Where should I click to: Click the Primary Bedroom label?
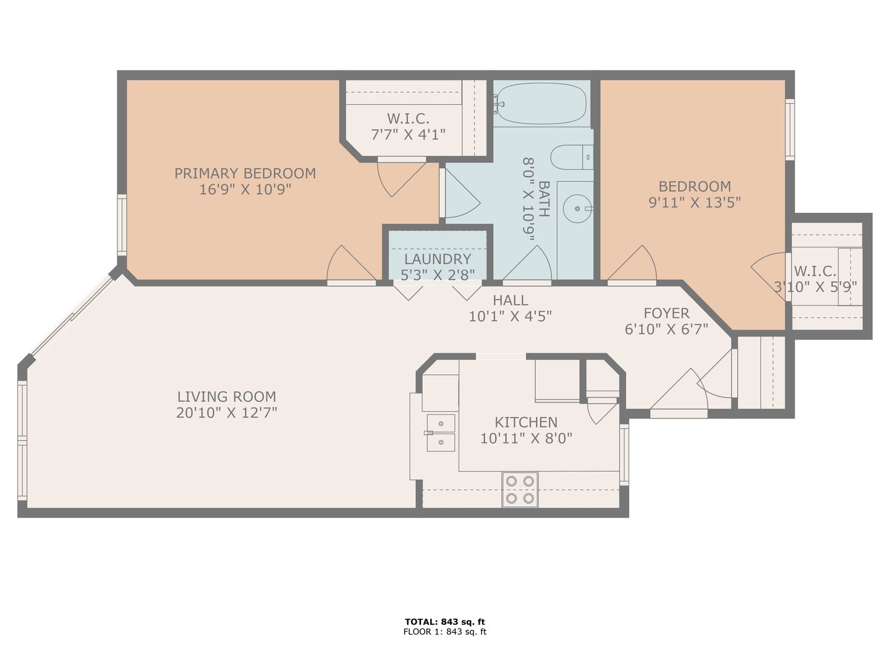(x=245, y=173)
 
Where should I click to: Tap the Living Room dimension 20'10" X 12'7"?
(x=226, y=413)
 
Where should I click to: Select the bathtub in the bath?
(x=541, y=104)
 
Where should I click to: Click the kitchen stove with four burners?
(x=520, y=489)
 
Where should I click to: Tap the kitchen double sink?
(x=440, y=432)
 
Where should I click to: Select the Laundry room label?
(x=438, y=259)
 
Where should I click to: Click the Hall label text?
(x=511, y=301)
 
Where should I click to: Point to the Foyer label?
(x=666, y=313)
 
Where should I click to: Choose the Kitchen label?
(x=526, y=422)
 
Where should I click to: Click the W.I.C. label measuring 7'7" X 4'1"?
(x=408, y=119)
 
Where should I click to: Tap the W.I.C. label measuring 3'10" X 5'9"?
(x=815, y=271)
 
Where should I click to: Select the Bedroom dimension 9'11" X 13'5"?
(x=695, y=202)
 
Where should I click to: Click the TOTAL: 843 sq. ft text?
(x=445, y=622)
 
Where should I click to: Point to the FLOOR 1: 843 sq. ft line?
(x=445, y=632)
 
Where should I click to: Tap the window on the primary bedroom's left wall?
(x=122, y=225)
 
